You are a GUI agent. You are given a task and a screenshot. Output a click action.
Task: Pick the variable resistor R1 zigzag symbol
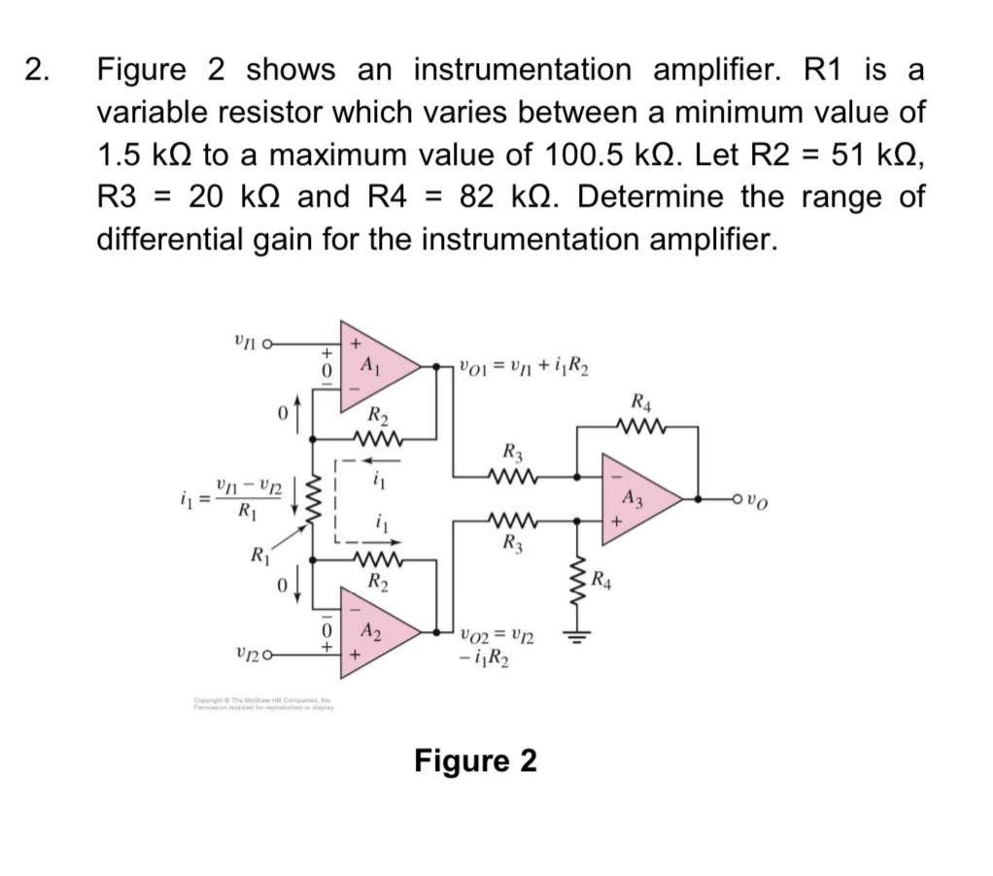tap(312, 502)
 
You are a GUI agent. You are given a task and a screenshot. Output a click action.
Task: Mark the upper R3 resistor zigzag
tap(512, 476)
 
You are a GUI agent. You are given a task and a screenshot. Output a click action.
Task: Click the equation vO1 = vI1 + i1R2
tap(525, 367)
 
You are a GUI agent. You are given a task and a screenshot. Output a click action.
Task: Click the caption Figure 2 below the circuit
tap(475, 760)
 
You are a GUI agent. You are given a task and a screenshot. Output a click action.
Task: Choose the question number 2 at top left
tap(37, 70)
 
